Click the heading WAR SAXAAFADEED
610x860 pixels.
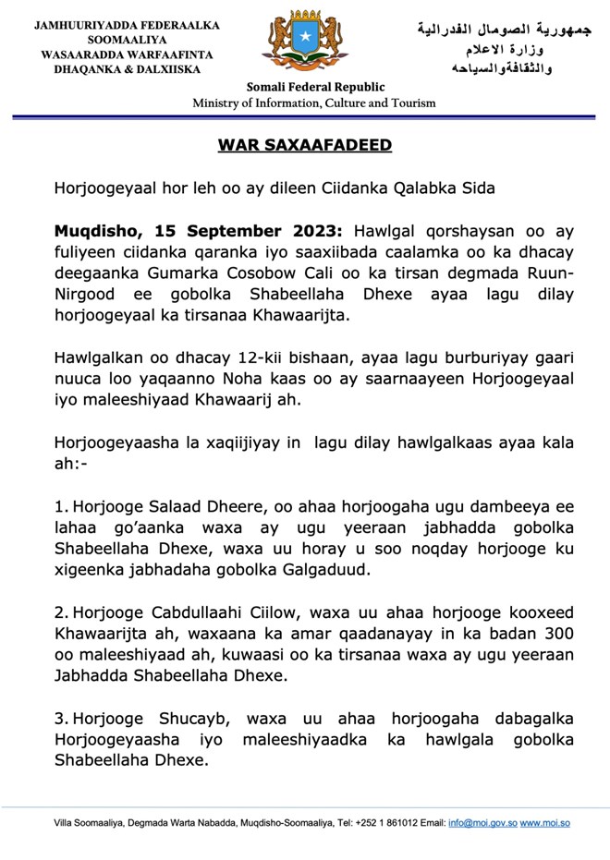305,145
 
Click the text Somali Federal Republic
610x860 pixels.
315,87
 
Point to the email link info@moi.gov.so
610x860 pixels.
482,822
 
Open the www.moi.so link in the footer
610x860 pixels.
544,822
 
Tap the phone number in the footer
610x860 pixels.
392,822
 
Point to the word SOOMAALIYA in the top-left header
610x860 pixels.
127,41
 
